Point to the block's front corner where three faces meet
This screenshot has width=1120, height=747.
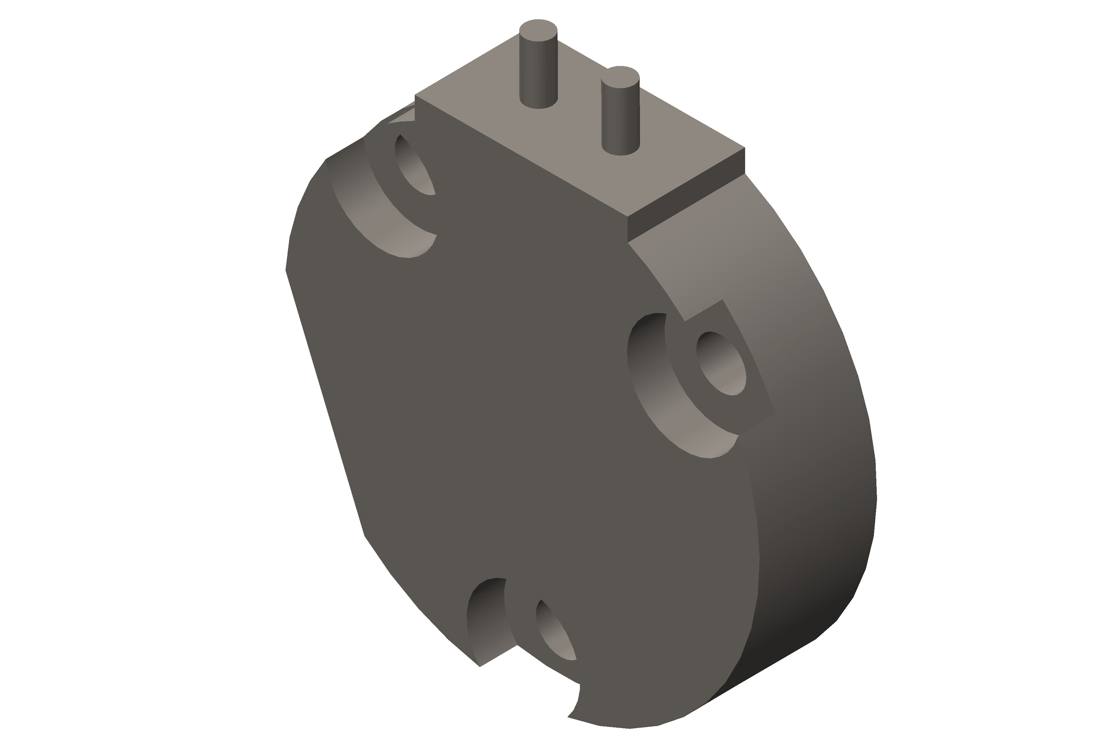click(628, 217)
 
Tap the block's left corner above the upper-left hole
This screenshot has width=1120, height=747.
click(415, 95)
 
